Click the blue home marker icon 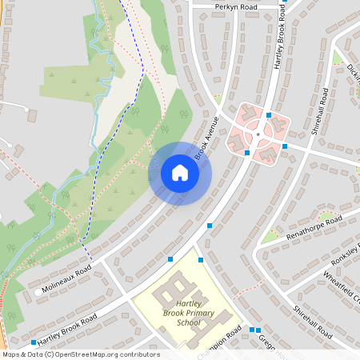tap(180, 173)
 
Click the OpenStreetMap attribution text tap(81, 354)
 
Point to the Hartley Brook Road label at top tap(281, 40)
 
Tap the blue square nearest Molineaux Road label tap(170, 258)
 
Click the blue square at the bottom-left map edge tap(33, 342)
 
